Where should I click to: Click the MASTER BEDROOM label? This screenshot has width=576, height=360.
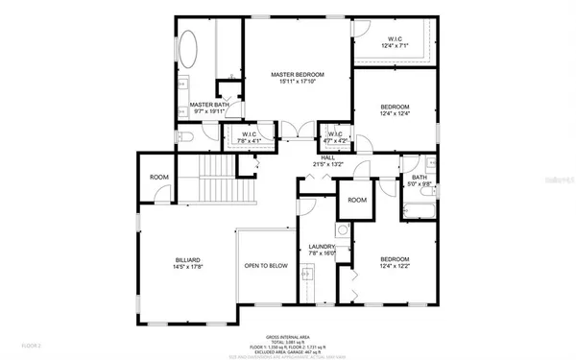point(297,74)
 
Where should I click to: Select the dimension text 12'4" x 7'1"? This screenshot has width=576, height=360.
point(395,46)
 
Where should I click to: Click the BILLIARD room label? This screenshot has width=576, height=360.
point(187,259)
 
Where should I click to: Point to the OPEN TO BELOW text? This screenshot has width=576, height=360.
point(266,266)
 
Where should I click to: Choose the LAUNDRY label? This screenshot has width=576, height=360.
point(322,247)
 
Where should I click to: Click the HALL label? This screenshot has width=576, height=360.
point(327,156)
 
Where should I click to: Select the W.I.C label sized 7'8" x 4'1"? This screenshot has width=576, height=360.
point(249,133)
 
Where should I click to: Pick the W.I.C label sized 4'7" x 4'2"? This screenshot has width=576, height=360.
point(335,133)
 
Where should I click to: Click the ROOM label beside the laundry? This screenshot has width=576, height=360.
point(357,200)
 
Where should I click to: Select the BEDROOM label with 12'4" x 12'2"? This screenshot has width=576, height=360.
point(395,260)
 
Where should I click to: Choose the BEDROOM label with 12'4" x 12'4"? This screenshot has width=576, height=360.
point(395,107)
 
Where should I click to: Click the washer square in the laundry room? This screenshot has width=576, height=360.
point(342,229)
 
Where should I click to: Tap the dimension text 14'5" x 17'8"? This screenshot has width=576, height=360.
point(187,267)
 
